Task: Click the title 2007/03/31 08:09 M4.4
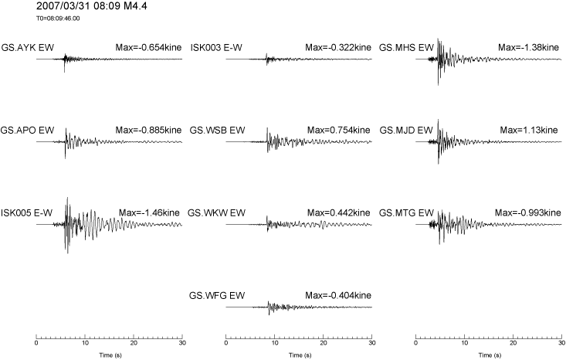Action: click(x=92, y=6)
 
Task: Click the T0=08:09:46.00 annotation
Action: click(x=58, y=19)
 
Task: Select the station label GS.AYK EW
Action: click(x=28, y=48)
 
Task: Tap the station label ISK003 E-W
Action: click(x=216, y=48)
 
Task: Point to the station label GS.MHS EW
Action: click(x=406, y=48)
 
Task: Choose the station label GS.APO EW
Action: click(x=28, y=131)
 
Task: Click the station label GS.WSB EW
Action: click(x=217, y=131)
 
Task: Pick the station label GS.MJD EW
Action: click(x=406, y=131)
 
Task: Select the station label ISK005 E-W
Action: click(x=27, y=213)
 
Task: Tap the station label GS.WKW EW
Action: click(x=216, y=213)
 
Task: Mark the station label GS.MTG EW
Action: click(x=406, y=213)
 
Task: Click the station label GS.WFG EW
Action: click(x=217, y=296)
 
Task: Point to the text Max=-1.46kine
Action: click(x=149, y=213)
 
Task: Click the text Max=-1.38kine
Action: click(x=528, y=48)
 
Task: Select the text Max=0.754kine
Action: click(x=338, y=131)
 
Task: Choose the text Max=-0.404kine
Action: click(x=338, y=296)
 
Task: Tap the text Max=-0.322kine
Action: click(x=338, y=48)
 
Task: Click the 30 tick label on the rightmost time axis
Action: click(x=561, y=343)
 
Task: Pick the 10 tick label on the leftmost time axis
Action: click(x=85, y=343)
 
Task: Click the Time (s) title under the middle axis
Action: click(x=300, y=355)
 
